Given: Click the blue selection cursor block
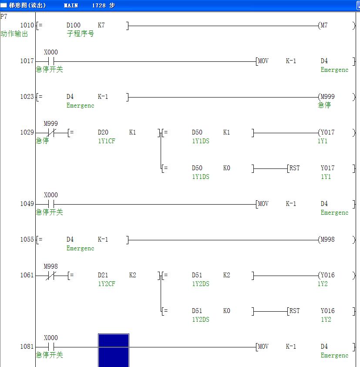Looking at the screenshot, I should [x=113, y=350].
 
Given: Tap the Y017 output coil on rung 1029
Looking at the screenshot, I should [x=327, y=132].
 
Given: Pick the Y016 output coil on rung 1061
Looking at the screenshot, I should [x=327, y=275].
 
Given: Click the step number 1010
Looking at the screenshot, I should [x=27, y=25].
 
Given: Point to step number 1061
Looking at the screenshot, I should [x=27, y=275].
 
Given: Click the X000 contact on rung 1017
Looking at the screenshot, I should [x=51, y=61].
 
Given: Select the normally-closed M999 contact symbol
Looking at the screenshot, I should [x=51, y=133].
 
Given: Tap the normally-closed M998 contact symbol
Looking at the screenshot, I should [x=51, y=276].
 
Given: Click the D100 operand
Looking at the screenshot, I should [x=74, y=25].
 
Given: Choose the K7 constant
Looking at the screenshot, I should [x=101, y=25].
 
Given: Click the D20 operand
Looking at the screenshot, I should [x=103, y=132].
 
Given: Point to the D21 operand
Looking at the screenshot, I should [x=103, y=275].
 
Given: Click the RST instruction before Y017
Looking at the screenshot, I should [x=295, y=168].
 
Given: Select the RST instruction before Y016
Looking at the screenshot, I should [x=295, y=311].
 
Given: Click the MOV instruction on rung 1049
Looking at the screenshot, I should [x=263, y=204].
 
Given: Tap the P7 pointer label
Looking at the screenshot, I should [x=4, y=16].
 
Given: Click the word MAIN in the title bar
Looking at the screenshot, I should [x=71, y=5].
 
